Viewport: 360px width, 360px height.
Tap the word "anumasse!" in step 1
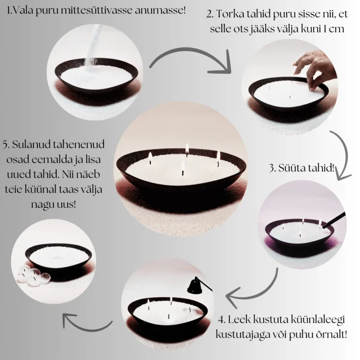(160, 10)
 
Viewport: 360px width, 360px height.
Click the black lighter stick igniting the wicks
(333, 220)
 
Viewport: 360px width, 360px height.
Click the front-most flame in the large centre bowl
(183, 165)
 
